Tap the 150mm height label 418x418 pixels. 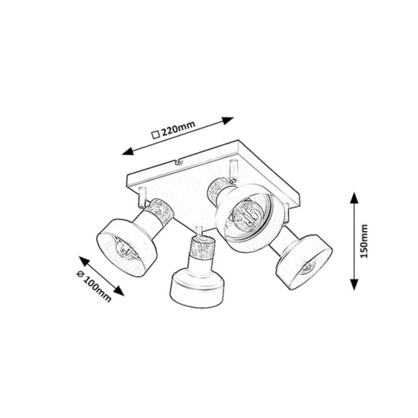[x=363, y=241]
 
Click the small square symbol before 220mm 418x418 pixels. [x=155, y=135]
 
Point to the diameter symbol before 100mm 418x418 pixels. [x=81, y=274]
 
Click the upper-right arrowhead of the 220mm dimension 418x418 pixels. [x=228, y=121]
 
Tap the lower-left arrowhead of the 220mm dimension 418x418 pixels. [x=128, y=151]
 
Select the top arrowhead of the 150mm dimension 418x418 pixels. [x=353, y=198]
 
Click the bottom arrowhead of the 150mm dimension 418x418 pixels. [x=353, y=284]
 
